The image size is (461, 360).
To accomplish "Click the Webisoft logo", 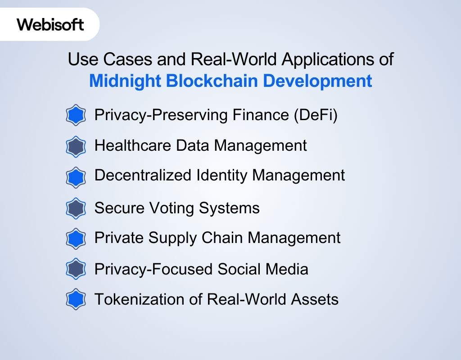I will tap(50, 24).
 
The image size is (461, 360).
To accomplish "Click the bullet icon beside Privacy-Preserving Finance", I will tap(76, 116).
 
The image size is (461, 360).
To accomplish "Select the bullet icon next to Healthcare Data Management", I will tap(76, 146).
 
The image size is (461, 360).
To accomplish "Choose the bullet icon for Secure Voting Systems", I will tap(76, 208).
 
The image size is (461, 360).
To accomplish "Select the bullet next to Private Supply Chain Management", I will tap(76, 238).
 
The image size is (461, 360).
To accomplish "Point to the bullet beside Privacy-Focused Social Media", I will tap(76, 269).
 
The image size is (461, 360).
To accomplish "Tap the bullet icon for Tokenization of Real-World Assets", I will tap(76, 299).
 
